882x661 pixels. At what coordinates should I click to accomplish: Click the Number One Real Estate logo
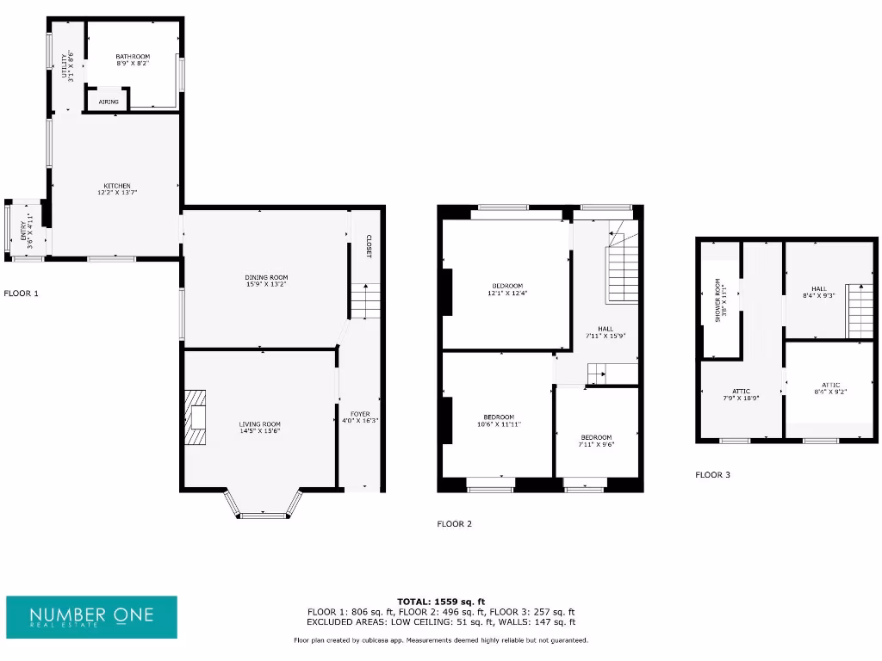pyautogui.click(x=91, y=617)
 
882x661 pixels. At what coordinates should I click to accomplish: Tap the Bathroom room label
pyautogui.click(x=133, y=60)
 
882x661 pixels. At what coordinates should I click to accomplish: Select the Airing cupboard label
pyautogui.click(x=109, y=102)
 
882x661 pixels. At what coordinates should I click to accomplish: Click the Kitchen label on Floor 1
pyautogui.click(x=117, y=189)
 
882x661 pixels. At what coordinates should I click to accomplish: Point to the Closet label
pyautogui.click(x=368, y=247)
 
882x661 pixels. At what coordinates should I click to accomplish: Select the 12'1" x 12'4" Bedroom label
pyautogui.click(x=506, y=289)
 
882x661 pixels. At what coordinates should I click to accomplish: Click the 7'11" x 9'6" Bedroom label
pyautogui.click(x=596, y=441)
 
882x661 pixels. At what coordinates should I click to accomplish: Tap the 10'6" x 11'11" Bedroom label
pyautogui.click(x=499, y=421)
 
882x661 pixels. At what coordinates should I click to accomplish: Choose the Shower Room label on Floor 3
pyautogui.click(x=719, y=300)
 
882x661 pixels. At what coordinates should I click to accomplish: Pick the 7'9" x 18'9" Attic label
pyautogui.click(x=741, y=395)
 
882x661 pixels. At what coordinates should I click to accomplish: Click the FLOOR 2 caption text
pyautogui.click(x=454, y=523)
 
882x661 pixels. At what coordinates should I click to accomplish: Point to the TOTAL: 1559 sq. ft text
pyautogui.click(x=441, y=601)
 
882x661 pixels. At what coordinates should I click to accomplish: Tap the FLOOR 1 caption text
pyautogui.click(x=22, y=293)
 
